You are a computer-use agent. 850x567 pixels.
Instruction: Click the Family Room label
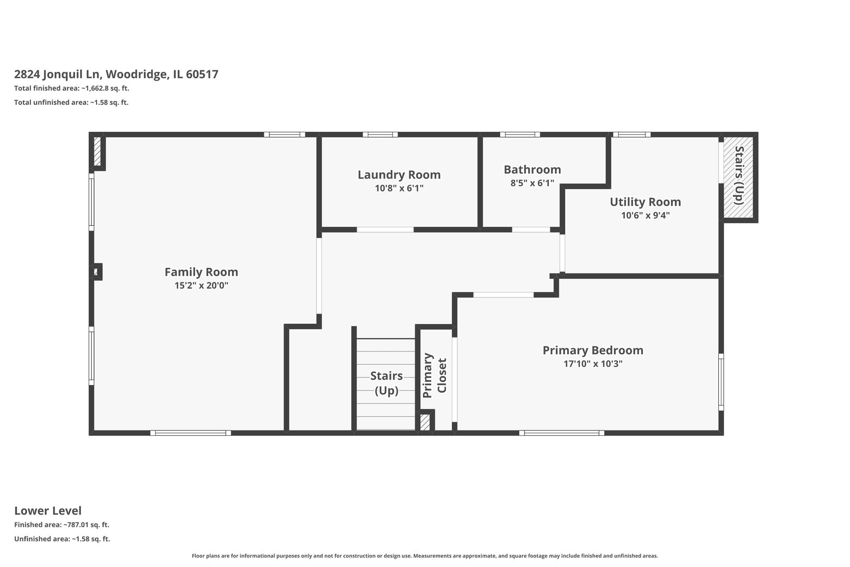[x=201, y=272]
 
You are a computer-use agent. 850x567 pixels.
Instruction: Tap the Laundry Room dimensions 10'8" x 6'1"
[x=399, y=188]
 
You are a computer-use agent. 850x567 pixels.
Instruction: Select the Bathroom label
[x=533, y=170]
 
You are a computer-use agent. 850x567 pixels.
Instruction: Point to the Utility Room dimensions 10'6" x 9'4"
[x=645, y=215]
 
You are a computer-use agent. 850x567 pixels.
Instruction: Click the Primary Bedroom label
[x=593, y=350]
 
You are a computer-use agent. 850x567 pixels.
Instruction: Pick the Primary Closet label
[x=434, y=375]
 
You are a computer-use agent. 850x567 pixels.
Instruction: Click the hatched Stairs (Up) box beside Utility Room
[x=738, y=177]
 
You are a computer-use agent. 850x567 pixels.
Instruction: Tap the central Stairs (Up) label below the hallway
[x=386, y=383]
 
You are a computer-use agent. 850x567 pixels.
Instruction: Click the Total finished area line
[x=72, y=89]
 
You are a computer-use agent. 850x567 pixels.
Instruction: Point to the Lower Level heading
[x=48, y=511]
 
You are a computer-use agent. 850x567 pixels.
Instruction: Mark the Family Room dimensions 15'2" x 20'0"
[x=201, y=285]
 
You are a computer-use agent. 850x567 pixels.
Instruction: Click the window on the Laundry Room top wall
[x=380, y=134]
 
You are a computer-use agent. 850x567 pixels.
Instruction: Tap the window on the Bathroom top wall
[x=520, y=134]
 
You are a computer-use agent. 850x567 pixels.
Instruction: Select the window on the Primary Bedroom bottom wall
[x=561, y=433]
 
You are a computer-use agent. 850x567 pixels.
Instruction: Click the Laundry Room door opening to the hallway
[x=385, y=230]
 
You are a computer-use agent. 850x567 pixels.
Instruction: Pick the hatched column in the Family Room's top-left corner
[x=97, y=151]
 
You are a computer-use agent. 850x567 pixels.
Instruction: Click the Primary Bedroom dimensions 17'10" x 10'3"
[x=593, y=364]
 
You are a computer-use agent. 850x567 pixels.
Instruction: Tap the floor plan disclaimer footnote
[x=425, y=555]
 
